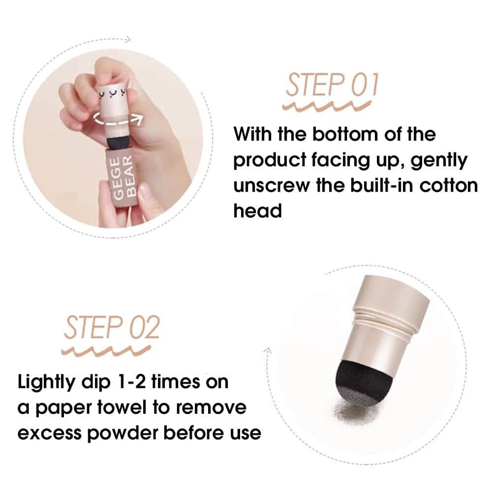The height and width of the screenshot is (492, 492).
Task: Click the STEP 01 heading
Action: [332, 85]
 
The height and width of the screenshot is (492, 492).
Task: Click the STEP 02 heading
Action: [112, 328]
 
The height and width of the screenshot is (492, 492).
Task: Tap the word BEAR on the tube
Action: [131, 176]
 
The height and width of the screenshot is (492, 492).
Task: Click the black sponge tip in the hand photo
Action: [118, 141]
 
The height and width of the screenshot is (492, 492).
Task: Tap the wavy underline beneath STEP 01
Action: [327, 106]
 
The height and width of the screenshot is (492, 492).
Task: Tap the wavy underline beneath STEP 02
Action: [106, 351]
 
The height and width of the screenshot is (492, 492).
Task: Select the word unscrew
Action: [272, 186]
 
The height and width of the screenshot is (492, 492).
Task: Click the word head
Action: [258, 211]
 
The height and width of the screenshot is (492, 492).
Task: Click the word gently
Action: [439, 161]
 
